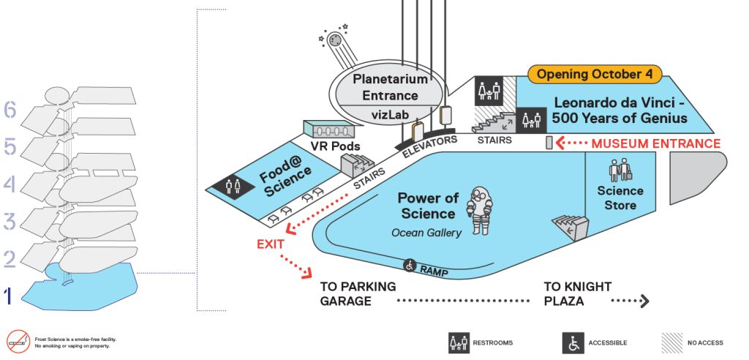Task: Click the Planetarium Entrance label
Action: coord(385,86)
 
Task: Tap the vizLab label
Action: coord(385,116)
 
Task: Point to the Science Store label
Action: coord(620,198)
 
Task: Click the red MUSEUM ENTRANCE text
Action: coord(656,143)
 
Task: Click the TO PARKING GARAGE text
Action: coord(358,293)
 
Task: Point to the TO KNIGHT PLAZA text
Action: coord(577,293)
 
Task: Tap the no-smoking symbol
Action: coord(18,341)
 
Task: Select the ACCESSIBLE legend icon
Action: coord(573,342)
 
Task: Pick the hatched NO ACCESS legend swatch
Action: coord(671,342)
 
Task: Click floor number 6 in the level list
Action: coord(10,110)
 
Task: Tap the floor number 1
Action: coord(10,296)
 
